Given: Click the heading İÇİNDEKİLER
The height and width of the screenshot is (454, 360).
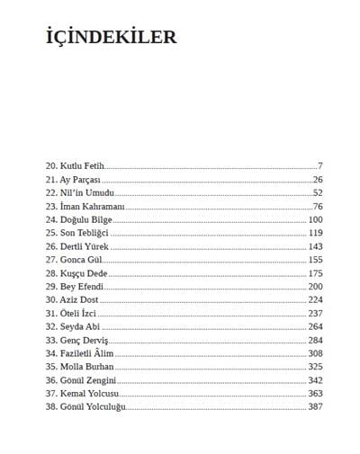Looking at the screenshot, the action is pyautogui.click(x=111, y=37).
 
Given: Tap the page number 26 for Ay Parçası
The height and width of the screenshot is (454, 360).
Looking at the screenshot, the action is pyautogui.click(x=317, y=180).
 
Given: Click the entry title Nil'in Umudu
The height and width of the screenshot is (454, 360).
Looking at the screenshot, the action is pyautogui.click(x=86, y=193).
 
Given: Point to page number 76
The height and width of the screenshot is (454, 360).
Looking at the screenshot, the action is pyautogui.click(x=317, y=207).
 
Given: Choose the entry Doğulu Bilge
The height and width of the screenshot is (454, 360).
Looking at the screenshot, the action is pyautogui.click(x=88, y=219).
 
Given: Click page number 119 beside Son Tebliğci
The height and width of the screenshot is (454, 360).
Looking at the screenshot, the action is pyautogui.click(x=315, y=233).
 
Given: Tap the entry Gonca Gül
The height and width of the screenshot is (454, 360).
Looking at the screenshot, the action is pyautogui.click(x=82, y=260).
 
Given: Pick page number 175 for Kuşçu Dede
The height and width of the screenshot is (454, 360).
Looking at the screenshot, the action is pyautogui.click(x=315, y=273).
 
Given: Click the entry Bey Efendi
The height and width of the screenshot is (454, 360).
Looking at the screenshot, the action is pyautogui.click(x=84, y=286).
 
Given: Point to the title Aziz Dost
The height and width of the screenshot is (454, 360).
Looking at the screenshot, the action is pyautogui.click(x=82, y=299).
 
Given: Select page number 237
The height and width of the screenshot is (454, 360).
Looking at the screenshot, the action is pyautogui.click(x=315, y=313).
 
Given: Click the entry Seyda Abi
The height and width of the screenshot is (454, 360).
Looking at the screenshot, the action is pyautogui.click(x=82, y=326).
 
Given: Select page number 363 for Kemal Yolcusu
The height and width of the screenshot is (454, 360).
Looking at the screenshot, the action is pyautogui.click(x=315, y=394).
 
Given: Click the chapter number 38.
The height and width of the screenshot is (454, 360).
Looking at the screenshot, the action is pyautogui.click(x=50, y=407).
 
